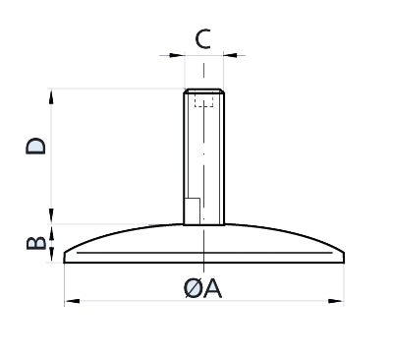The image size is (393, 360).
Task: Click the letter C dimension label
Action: click(x=202, y=39)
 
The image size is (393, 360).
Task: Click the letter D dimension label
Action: click(x=35, y=146)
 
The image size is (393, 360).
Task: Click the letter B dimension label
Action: click(x=35, y=243)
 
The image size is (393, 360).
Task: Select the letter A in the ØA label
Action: click(x=211, y=289)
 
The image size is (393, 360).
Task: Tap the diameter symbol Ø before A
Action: click(x=193, y=289)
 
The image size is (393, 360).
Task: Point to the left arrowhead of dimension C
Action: click(x=177, y=55)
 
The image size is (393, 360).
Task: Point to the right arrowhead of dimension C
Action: click(x=231, y=55)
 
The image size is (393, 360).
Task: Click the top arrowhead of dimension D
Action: click(x=51, y=96)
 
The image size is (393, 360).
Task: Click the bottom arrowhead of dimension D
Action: click(x=51, y=215)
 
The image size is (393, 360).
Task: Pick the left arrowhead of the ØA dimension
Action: click(x=73, y=301)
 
